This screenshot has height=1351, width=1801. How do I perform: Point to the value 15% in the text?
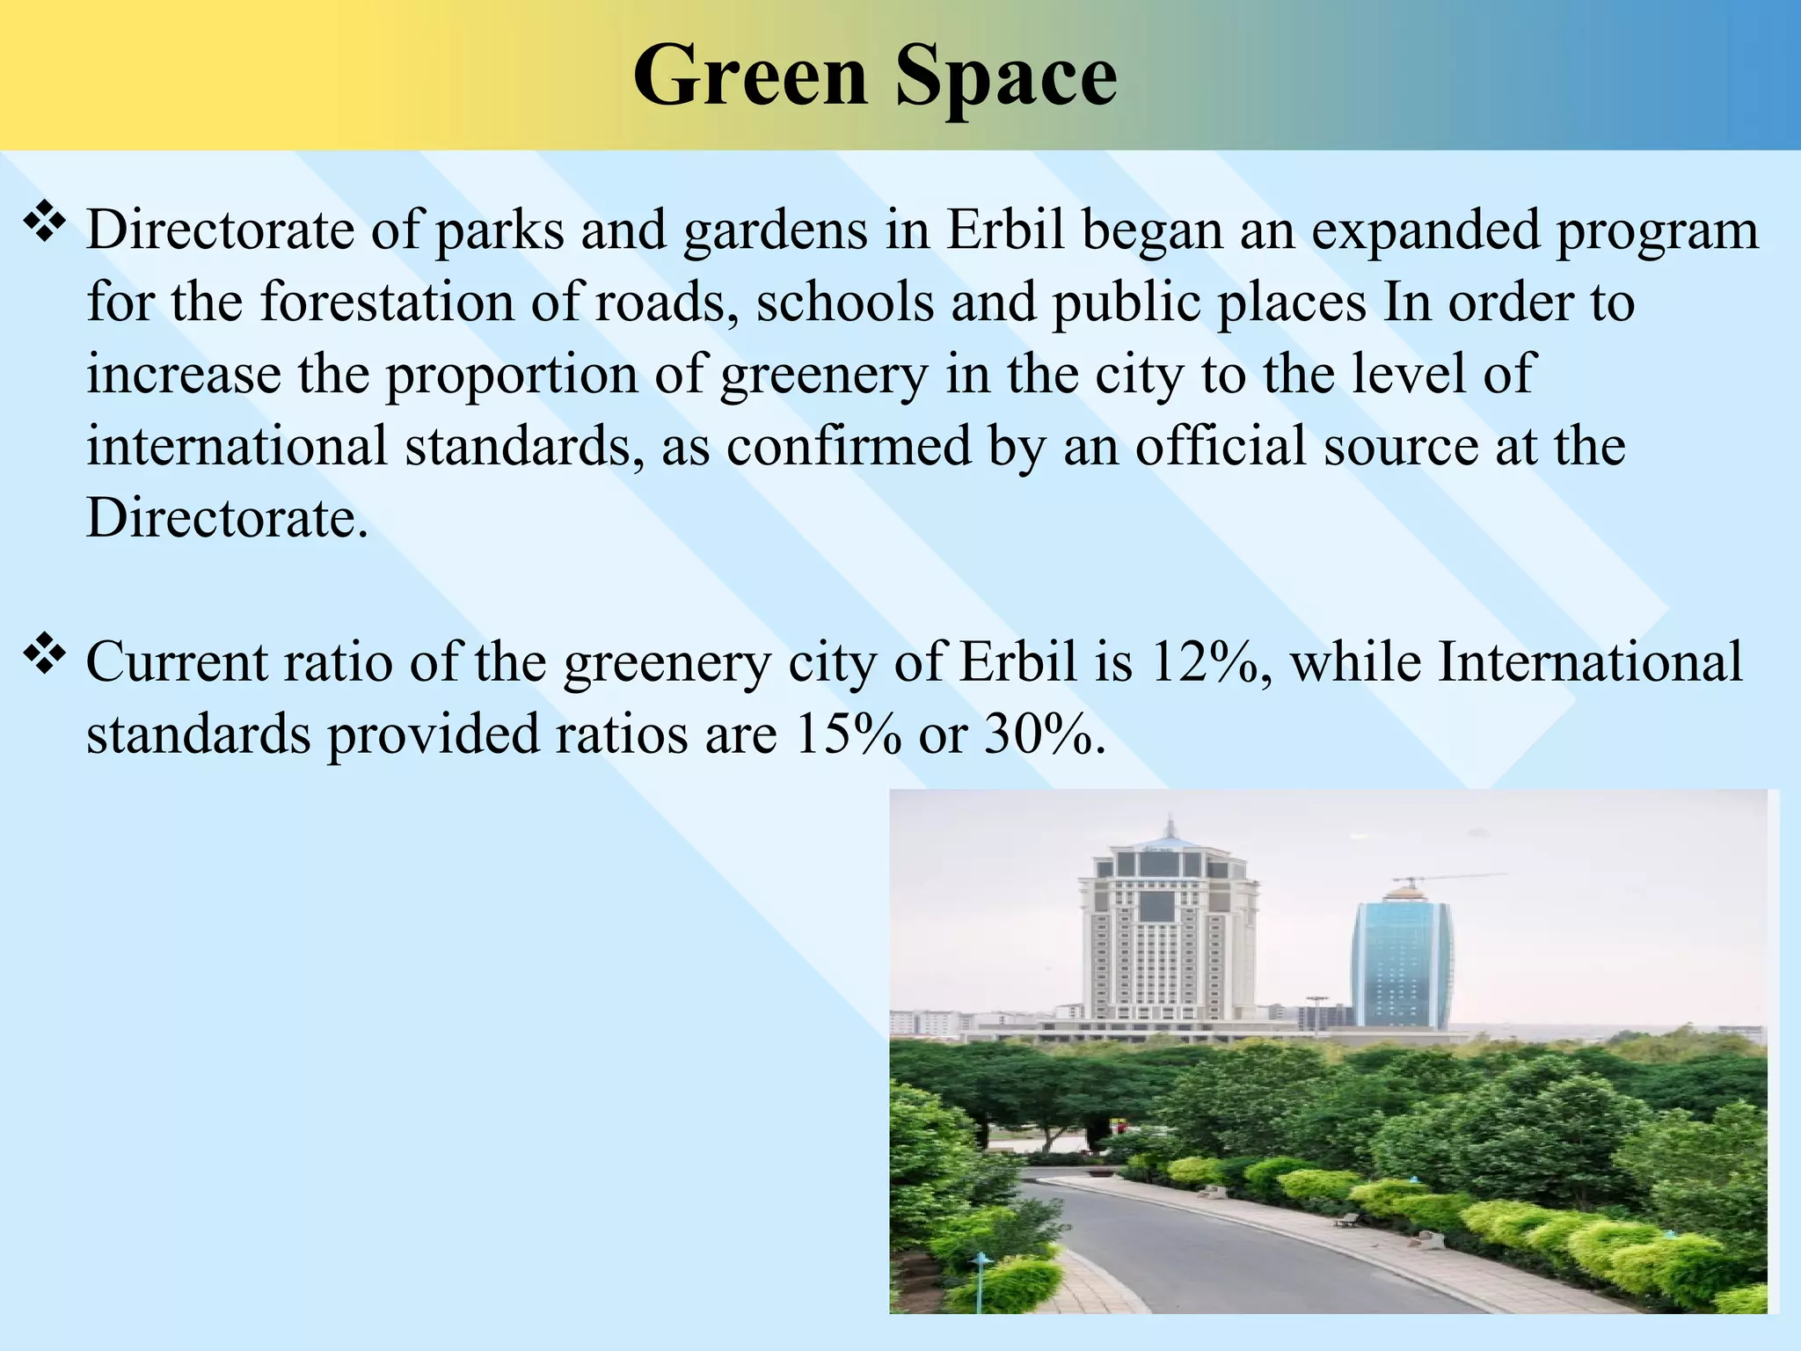coord(847,734)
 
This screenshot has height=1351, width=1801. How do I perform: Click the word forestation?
coord(386,302)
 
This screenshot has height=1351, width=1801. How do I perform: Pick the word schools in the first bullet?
coord(844,302)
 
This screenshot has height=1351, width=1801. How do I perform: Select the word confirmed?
coord(848,445)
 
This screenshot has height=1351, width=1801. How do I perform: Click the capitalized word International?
coord(1589,661)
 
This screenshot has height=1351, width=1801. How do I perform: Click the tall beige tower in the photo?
coord(1168,941)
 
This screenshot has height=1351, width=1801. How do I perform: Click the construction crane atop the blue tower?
coord(1442,879)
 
